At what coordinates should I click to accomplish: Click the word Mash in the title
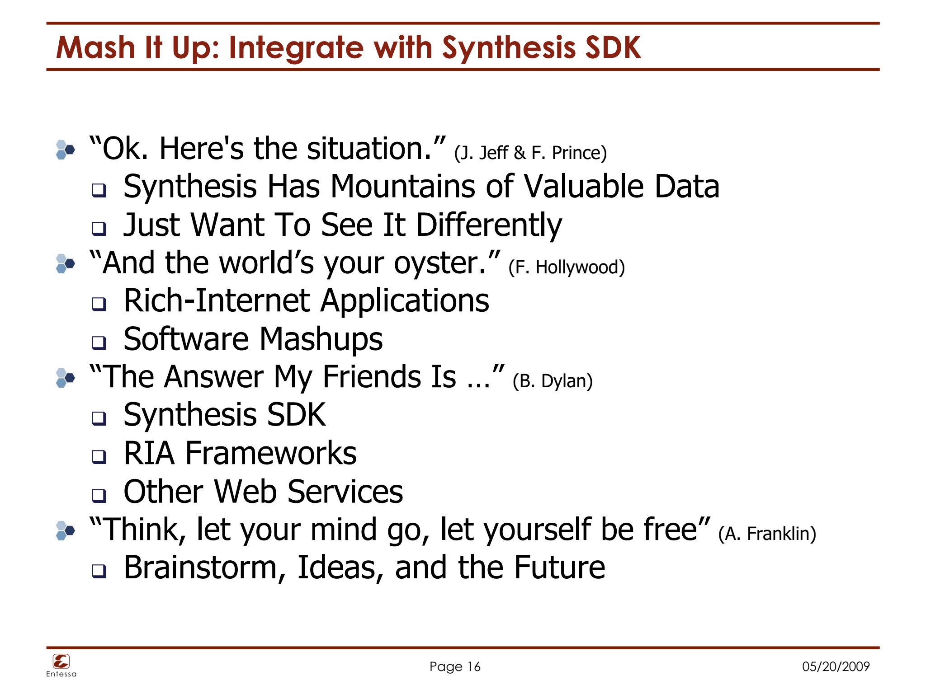(95, 47)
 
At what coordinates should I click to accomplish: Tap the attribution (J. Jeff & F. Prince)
(530, 153)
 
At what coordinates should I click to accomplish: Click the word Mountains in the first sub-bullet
(402, 187)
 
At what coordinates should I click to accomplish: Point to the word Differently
(489, 225)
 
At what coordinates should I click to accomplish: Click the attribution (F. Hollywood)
(567, 267)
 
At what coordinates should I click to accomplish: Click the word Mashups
(321, 339)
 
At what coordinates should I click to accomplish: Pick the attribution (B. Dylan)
(553, 381)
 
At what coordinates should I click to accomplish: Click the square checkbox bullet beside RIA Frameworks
(99, 457)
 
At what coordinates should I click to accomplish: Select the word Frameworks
(271, 453)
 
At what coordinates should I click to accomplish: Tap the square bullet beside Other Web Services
(99, 495)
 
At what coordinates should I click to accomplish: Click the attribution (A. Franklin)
(767, 534)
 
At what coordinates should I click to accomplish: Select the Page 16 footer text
(455, 667)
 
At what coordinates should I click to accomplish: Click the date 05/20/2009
(836, 667)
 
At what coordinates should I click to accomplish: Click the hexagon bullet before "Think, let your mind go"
(65, 530)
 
